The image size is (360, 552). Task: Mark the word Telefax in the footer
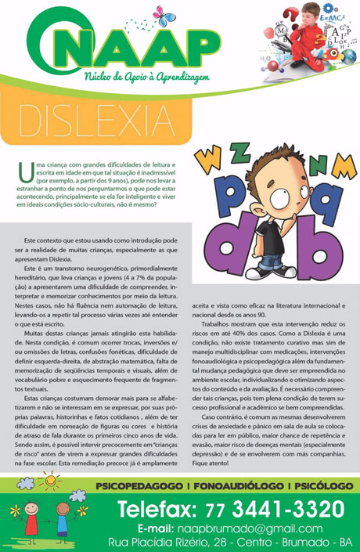click(x=157, y=511)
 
